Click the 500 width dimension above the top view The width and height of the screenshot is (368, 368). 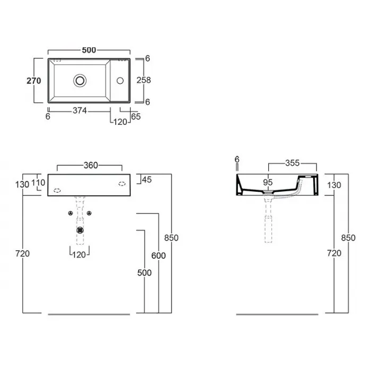(x=89, y=50)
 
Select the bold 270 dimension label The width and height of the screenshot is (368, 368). (x=34, y=81)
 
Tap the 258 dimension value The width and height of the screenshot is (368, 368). (x=143, y=80)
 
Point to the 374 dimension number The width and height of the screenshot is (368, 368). (x=80, y=110)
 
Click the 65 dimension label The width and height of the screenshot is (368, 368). (x=136, y=116)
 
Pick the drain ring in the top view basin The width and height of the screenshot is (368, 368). (x=80, y=81)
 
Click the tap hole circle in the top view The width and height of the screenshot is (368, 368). (x=120, y=81)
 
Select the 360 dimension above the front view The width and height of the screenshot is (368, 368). (x=91, y=166)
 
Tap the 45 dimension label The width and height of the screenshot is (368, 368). (x=147, y=180)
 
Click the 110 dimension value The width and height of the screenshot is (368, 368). (x=38, y=183)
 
